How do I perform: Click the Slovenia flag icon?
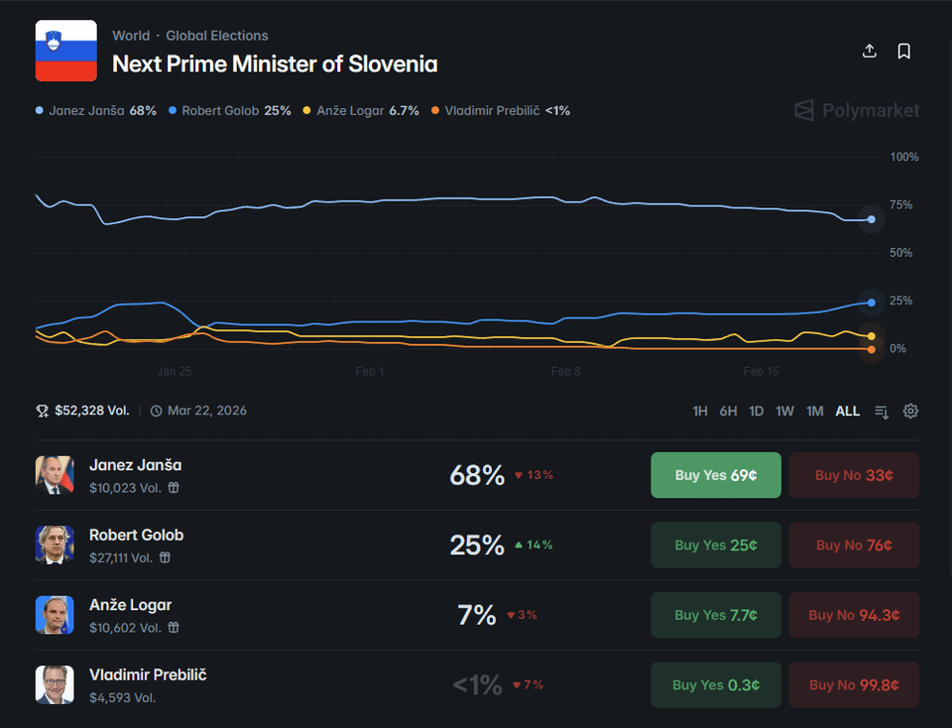[x=66, y=51]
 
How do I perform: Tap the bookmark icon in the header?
[x=903, y=52]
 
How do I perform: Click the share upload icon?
[x=870, y=52]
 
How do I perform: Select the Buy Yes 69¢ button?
[x=715, y=475]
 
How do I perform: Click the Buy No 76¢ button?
[x=854, y=545]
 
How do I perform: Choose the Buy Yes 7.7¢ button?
[x=715, y=615]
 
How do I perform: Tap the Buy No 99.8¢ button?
[x=854, y=684]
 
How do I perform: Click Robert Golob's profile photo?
[x=55, y=545]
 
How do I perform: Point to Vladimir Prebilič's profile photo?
[x=55, y=684]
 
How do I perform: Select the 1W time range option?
[x=784, y=411]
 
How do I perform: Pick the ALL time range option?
[x=848, y=411]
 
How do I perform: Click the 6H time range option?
[x=728, y=411]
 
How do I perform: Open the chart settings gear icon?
[x=910, y=411]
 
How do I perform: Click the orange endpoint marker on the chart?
[x=871, y=349]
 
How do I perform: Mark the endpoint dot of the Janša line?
[x=871, y=219]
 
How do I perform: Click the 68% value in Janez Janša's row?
[x=477, y=475]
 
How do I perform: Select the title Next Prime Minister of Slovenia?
[x=275, y=63]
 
